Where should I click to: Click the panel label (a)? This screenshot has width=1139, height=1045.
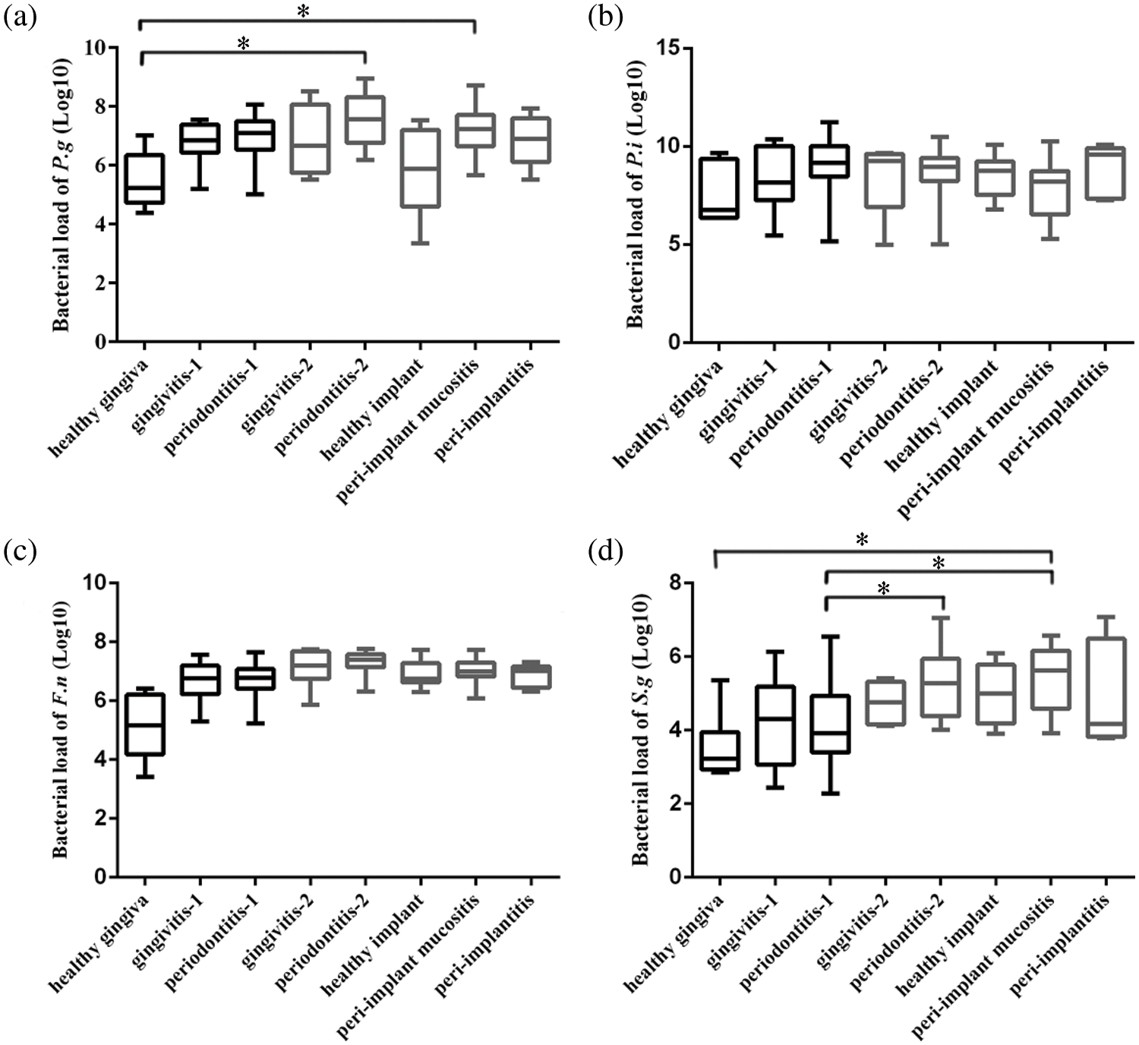click(x=20, y=17)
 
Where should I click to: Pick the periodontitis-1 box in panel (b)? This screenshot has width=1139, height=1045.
click(x=829, y=161)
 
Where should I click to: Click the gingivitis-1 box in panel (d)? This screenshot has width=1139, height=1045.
click(x=775, y=725)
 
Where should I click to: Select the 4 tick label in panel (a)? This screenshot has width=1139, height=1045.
click(x=100, y=225)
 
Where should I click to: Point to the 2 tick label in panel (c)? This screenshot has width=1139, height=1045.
click(x=100, y=819)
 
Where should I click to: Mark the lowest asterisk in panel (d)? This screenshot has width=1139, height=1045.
click(x=883, y=589)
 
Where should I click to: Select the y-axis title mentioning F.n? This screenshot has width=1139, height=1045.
click(x=61, y=729)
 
